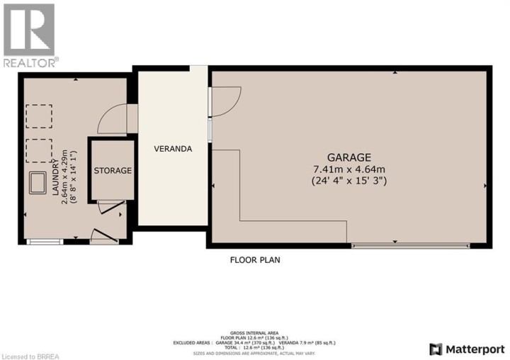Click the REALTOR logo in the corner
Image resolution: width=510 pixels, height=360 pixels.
(29, 35)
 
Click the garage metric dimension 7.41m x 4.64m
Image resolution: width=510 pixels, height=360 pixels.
(348, 169)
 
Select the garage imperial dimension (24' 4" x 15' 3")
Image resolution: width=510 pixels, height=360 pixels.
(348, 181)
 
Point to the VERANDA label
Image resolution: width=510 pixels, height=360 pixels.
(173, 150)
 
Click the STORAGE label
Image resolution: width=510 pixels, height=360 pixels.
(113, 171)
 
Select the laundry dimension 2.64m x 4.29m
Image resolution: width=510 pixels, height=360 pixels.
(66, 177)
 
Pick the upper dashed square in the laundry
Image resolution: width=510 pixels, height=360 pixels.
(40, 115)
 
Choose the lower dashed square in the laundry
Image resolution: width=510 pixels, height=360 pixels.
(40, 150)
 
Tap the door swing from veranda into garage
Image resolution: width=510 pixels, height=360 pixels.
(225, 101)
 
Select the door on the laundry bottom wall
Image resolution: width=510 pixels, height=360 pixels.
(104, 237)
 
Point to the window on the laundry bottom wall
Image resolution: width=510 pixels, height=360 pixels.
(44, 242)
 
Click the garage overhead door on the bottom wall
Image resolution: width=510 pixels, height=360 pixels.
(409, 246)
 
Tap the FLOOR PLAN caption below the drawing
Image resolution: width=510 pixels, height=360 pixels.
(255, 260)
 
